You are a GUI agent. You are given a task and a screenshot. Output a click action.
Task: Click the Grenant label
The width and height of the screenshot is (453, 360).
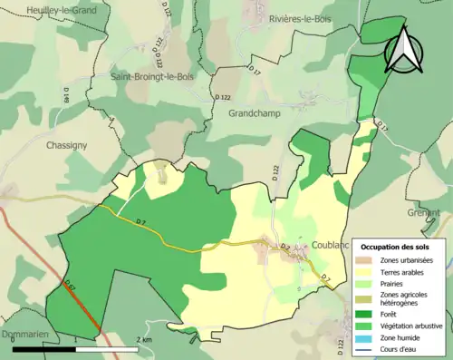coord(435,212)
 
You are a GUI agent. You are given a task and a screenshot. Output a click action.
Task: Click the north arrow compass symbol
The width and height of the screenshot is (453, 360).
coord(402,47)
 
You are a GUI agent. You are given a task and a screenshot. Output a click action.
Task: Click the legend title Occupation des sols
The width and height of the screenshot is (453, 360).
coord(397,247)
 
